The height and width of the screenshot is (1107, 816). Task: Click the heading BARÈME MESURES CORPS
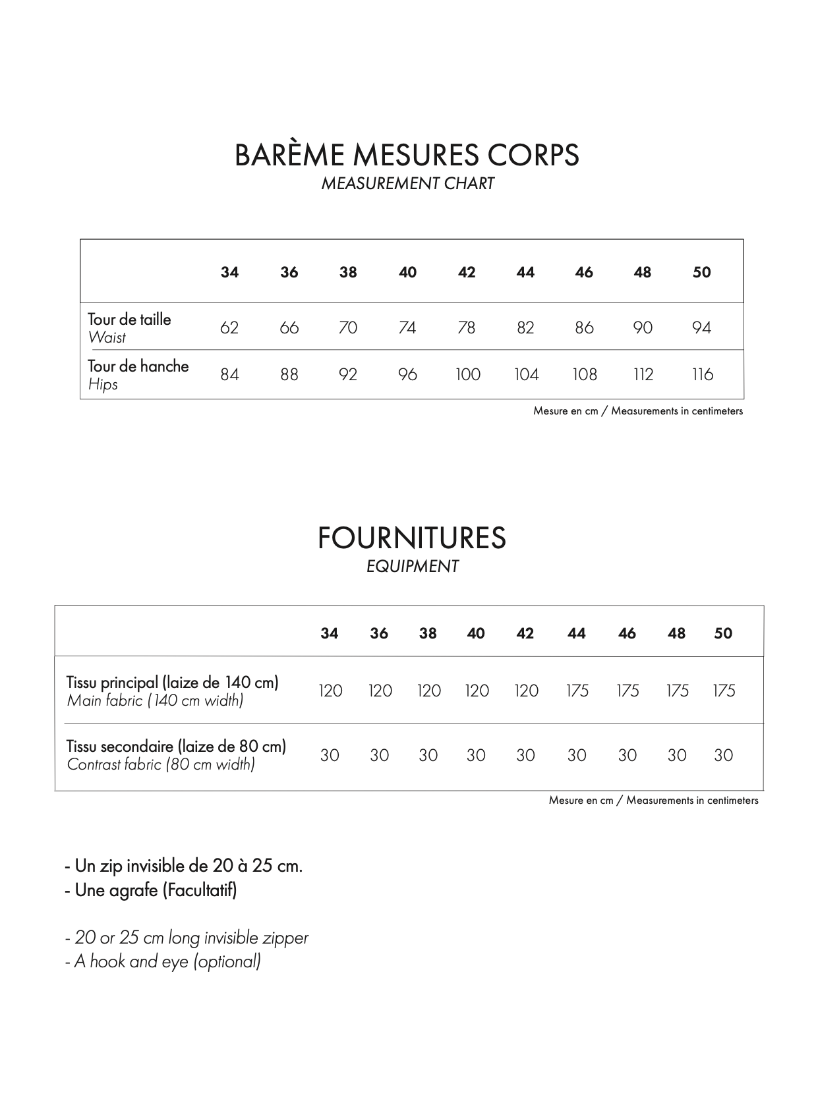407,156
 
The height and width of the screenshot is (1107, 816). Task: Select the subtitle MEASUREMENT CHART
407,184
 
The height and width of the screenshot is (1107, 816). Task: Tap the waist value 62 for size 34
229,327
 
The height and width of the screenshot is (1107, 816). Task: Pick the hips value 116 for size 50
702,375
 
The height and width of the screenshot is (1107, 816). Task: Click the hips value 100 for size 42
467,375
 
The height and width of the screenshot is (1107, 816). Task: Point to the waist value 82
525,327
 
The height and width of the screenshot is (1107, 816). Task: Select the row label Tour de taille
129,320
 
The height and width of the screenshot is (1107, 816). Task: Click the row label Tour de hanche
138,366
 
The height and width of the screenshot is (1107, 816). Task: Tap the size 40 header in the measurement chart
407,273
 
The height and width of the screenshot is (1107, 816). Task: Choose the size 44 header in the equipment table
576,634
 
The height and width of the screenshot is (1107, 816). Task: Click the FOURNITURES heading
411,538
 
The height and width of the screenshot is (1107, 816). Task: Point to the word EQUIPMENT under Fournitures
412,567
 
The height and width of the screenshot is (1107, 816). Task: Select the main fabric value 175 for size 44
577,691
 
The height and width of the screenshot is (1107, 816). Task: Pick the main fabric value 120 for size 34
330,691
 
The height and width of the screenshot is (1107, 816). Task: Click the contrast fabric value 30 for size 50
723,756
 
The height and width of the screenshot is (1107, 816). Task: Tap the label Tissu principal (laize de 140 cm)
173,683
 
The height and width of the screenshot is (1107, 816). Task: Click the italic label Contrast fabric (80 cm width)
161,765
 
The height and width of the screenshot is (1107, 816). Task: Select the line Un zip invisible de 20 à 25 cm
184,866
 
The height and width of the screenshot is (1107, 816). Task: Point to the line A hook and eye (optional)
163,962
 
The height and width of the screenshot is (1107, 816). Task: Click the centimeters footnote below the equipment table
653,801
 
